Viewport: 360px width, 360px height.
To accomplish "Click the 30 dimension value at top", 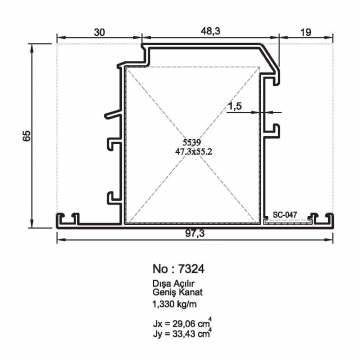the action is coord(99,32).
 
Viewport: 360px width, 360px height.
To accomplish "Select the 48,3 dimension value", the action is coord(211,31).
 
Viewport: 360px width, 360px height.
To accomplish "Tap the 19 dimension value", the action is coord(306,32).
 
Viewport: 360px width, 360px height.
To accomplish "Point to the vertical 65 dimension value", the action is coord(27,135).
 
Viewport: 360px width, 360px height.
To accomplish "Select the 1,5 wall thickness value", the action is coord(235,106).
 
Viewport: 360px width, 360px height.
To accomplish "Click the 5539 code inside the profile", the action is coord(191,143).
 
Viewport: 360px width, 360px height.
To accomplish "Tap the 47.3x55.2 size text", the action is coord(194,151).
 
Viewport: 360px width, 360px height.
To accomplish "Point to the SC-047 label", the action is coord(285,215).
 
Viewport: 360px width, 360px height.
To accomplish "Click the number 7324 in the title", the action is coord(191,268).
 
